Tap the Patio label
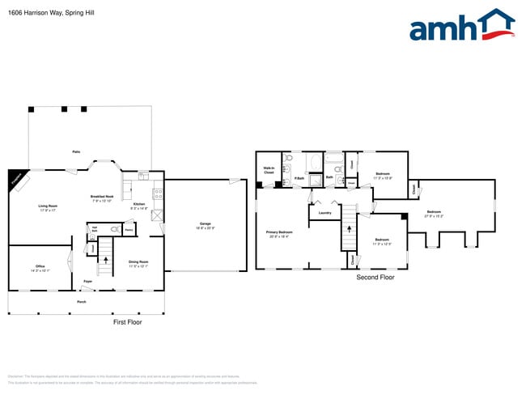point(76,151)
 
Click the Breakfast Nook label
point(102,197)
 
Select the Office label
point(40,267)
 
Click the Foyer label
point(87,281)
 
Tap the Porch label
point(82,302)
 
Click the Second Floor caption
point(375,277)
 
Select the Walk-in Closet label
point(269,171)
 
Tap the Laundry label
point(325,213)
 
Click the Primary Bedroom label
point(279,233)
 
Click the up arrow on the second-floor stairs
point(349,227)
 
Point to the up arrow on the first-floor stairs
point(104,261)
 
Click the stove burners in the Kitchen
point(159,194)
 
